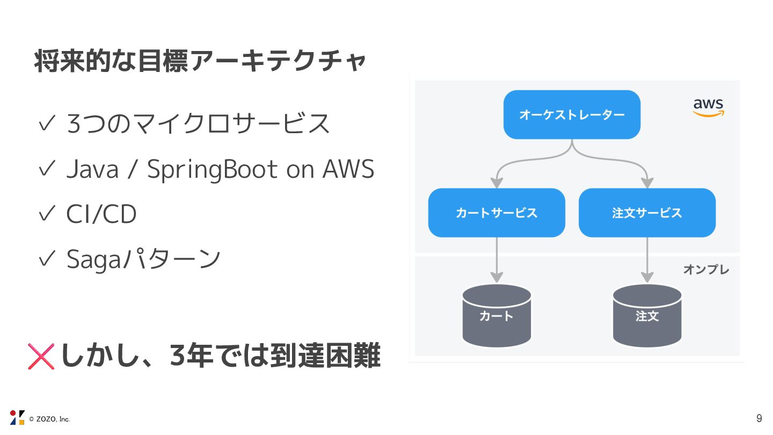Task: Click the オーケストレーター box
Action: coord(572,114)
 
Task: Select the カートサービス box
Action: coord(497,213)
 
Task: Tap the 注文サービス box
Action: coord(647,213)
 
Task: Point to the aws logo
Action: coord(708,107)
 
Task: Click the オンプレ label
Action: coord(706,270)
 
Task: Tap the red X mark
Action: coord(41,357)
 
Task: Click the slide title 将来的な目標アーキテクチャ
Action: coord(200,61)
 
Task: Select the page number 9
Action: coord(759,418)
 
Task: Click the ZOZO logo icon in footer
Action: coord(17,417)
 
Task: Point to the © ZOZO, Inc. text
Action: coord(49,419)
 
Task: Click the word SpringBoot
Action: coord(213,170)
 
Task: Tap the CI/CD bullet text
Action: coord(101,214)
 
